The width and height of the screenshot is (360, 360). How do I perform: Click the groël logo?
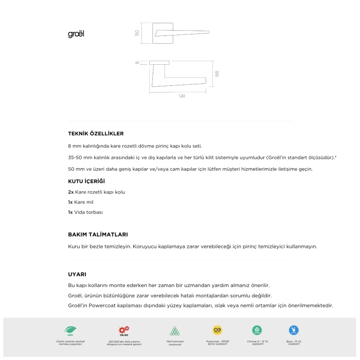click(x=76, y=34)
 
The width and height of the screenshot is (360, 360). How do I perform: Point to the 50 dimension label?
click(x=137, y=33)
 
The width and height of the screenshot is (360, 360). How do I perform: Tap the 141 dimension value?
click(x=182, y=96)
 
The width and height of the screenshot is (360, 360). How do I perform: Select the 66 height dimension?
click(x=217, y=73)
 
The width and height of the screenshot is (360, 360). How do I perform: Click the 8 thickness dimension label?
click(x=138, y=63)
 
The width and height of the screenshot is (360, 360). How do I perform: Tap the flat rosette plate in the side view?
click(x=160, y=62)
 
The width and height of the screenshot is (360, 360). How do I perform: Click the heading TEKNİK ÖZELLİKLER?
click(x=96, y=134)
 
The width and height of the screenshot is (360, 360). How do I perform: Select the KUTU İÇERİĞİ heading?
click(x=86, y=182)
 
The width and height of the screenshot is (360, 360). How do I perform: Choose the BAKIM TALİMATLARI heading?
click(x=98, y=235)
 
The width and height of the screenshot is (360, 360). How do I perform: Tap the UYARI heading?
click(x=77, y=274)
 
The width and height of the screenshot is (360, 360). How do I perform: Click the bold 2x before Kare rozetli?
click(x=71, y=192)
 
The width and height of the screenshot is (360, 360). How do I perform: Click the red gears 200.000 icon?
click(x=124, y=330)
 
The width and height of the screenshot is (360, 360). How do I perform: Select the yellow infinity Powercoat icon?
click(x=217, y=330)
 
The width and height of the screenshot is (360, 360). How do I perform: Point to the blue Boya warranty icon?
click(x=294, y=330)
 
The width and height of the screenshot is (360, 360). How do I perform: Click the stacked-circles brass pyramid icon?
click(x=175, y=330)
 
